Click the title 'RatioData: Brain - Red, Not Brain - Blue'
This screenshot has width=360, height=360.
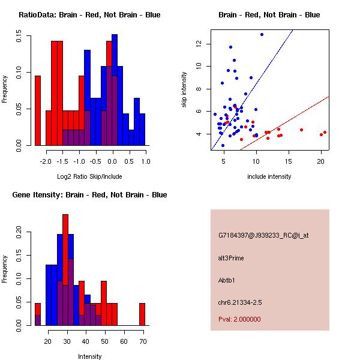[89, 15]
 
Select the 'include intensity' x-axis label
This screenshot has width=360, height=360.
[269, 176]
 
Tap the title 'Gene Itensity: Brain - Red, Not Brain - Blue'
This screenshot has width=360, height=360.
[89, 195]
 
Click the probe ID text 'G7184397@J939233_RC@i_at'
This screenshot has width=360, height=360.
[263, 236]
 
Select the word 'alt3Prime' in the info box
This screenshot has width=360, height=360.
[231, 258]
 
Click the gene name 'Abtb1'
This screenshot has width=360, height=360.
[227, 280]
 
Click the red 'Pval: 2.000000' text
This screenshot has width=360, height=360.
[239, 319]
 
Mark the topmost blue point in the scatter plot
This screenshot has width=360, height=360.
[262, 34]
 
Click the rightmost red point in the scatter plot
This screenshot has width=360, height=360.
[325, 132]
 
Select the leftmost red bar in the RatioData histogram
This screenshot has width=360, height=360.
[38, 110]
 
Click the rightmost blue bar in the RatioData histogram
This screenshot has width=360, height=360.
[142, 129]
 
